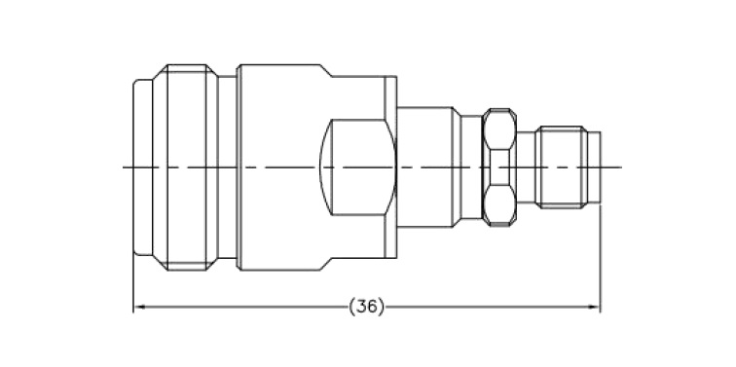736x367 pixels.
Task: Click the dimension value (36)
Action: pyautogui.click(x=367, y=307)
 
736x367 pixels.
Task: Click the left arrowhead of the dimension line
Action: pyautogui.click(x=138, y=307)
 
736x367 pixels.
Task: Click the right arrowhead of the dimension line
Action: pyautogui.click(x=595, y=307)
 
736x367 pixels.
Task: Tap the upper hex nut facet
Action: pyautogui.click(x=499, y=129)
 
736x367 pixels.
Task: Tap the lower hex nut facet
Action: pyautogui.click(x=499, y=205)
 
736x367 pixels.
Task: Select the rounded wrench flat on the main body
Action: pyautogui.click(x=357, y=167)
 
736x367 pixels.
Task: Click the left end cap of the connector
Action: pyautogui.click(x=143, y=167)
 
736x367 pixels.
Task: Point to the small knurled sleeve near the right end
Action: pyautogui.click(x=562, y=167)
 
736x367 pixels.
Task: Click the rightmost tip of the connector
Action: pyautogui.click(x=601, y=167)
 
